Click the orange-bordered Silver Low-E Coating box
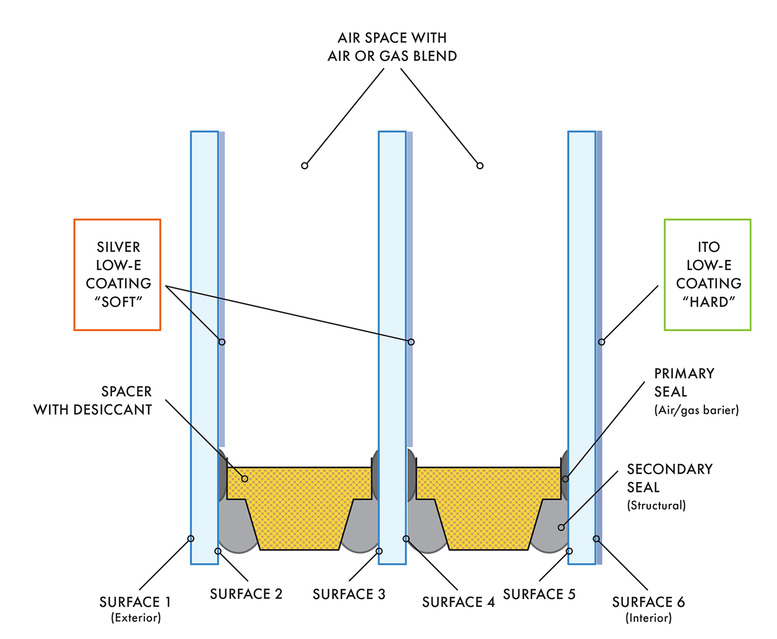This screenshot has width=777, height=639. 118,275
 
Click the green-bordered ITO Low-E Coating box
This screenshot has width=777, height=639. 708,275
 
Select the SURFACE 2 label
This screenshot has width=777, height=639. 246,594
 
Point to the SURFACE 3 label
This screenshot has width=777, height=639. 349,594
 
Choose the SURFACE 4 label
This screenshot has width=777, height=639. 458,602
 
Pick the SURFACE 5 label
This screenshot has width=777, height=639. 539,594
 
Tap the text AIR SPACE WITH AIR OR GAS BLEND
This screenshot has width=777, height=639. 392,47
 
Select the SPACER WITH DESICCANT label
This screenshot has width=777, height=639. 93,400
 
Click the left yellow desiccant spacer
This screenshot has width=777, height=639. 299,505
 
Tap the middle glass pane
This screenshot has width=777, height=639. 392,277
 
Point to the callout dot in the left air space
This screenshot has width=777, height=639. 304,165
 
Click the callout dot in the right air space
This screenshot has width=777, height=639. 480,165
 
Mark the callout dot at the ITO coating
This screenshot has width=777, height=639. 601,342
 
